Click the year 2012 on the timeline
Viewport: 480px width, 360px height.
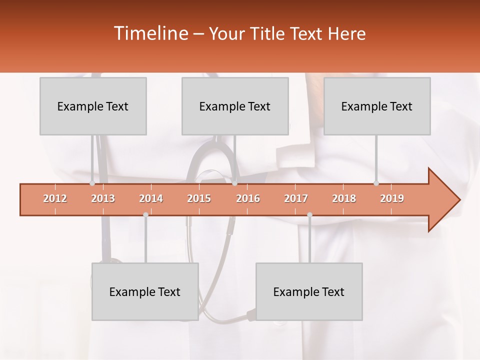pyautogui.click(x=55, y=198)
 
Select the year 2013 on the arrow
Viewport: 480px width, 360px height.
pyautogui.click(x=103, y=198)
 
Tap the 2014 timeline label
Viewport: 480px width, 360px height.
pyautogui.click(x=151, y=198)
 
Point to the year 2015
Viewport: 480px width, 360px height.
pyautogui.click(x=199, y=198)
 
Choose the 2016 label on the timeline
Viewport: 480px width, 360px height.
pyautogui.click(x=248, y=198)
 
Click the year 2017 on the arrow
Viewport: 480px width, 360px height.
pyautogui.click(x=296, y=198)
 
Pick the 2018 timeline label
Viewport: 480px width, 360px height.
pyautogui.click(x=344, y=198)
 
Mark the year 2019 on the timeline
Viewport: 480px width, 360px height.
pyautogui.click(x=392, y=198)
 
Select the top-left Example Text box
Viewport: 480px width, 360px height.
pyautogui.click(x=93, y=106)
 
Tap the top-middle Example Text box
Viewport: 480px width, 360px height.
pyautogui.click(x=235, y=106)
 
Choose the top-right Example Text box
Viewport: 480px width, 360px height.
pyautogui.click(x=377, y=106)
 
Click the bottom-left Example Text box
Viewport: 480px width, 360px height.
pyautogui.click(x=145, y=291)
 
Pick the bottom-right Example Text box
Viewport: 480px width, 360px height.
pyautogui.click(x=309, y=291)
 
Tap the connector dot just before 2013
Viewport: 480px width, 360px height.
pyautogui.click(x=92, y=183)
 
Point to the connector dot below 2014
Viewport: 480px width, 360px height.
pyautogui.click(x=145, y=214)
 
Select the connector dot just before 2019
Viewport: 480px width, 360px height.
pyautogui.click(x=376, y=183)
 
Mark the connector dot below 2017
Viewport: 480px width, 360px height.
pyautogui.click(x=309, y=214)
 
